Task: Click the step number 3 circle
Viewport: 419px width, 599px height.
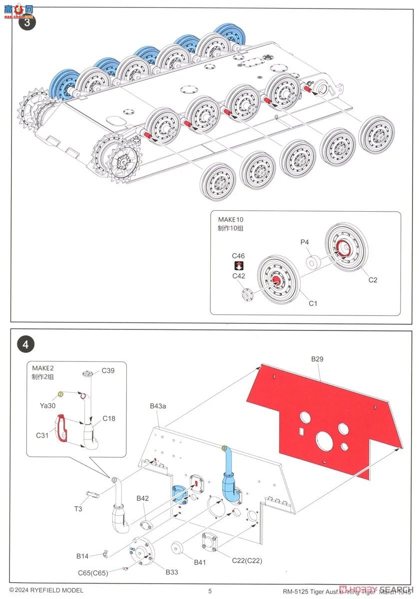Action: pos(26,22)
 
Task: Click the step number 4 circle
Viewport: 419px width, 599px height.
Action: pos(26,344)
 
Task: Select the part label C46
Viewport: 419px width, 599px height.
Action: pos(238,256)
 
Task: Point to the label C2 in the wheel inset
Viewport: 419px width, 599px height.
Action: pos(373,280)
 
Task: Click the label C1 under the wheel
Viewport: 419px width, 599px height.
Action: pos(313,303)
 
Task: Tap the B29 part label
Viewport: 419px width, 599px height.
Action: pos(318,359)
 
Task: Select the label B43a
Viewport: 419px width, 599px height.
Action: pos(158,406)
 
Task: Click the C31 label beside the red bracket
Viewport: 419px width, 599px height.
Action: pos(42,435)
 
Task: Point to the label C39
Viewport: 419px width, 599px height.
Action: pos(108,370)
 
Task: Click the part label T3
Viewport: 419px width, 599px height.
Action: pos(78,509)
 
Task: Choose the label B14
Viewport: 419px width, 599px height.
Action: pos(82,556)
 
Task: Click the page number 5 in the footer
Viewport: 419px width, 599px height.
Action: pos(210,591)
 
